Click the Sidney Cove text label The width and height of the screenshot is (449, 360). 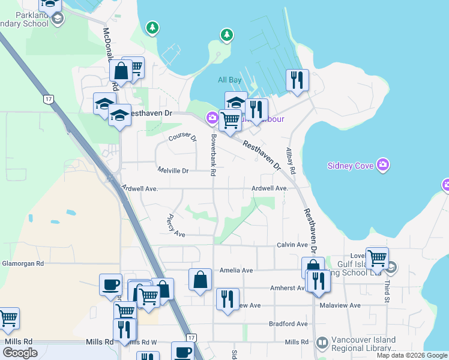click(x=351, y=166)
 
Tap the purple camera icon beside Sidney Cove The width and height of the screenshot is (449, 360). click(x=383, y=165)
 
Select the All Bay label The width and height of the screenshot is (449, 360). click(x=229, y=80)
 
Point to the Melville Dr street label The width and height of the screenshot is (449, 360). click(x=173, y=171)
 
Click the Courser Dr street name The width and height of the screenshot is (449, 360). click(x=182, y=137)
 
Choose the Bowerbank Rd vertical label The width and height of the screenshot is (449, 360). click(x=212, y=155)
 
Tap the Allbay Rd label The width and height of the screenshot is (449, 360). click(x=291, y=160)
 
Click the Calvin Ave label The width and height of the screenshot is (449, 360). click(x=292, y=244)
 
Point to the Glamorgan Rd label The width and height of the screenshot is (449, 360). click(x=23, y=263)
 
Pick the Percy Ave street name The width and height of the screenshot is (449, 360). click(x=176, y=226)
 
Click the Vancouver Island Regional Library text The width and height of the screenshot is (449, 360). click(x=364, y=344)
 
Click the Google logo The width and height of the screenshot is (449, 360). click(x=20, y=353)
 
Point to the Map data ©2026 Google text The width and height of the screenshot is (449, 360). click(x=411, y=355)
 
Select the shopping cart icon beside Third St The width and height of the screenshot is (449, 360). click(x=377, y=259)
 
